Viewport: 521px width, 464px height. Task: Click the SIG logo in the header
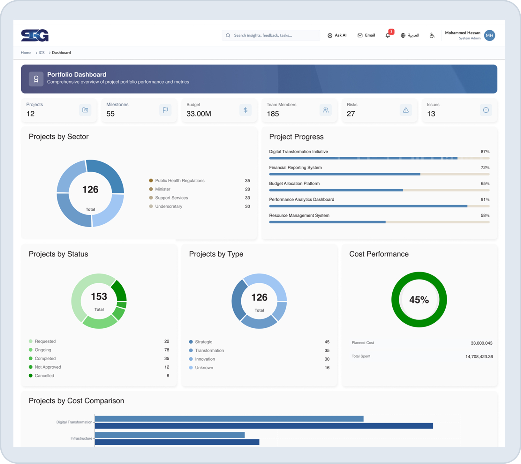pyautogui.click(x=35, y=35)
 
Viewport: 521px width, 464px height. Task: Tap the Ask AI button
pyautogui.click(x=337, y=35)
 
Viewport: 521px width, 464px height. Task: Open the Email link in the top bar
pyautogui.click(x=366, y=35)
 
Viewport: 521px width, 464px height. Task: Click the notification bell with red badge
pyautogui.click(x=388, y=35)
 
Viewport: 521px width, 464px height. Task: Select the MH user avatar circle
pyautogui.click(x=489, y=35)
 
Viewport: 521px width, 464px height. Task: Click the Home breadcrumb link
pyautogui.click(x=26, y=53)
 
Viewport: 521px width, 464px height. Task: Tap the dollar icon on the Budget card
pyautogui.click(x=245, y=110)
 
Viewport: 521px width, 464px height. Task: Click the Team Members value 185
pyautogui.click(x=273, y=114)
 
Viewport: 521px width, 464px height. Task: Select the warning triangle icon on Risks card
pyautogui.click(x=406, y=110)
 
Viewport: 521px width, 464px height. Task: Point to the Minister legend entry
pyautogui.click(x=162, y=189)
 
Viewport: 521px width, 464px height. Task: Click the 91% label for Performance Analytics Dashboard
pyautogui.click(x=485, y=199)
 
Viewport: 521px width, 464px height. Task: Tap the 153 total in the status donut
pyautogui.click(x=99, y=296)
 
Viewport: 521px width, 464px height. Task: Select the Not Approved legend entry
pyautogui.click(x=48, y=367)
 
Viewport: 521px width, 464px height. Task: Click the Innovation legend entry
pyautogui.click(x=205, y=359)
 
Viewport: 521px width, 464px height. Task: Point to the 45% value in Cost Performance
pyautogui.click(x=419, y=300)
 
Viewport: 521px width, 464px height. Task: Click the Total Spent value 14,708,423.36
pyautogui.click(x=479, y=356)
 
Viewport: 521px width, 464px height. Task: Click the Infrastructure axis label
pyautogui.click(x=81, y=438)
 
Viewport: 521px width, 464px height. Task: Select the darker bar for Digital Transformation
pyautogui.click(x=264, y=426)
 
